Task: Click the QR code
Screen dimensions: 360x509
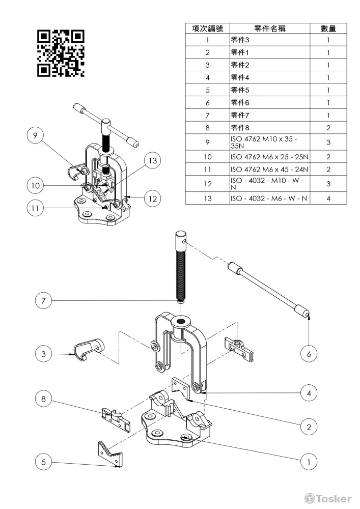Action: pos(61,53)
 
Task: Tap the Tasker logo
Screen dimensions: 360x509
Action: pos(327,498)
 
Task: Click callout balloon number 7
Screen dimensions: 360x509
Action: pos(43,301)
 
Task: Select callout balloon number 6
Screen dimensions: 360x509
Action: pos(309,354)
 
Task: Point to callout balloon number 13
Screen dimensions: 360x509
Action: pos(153,160)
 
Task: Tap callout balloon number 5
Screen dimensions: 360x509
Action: pos(43,462)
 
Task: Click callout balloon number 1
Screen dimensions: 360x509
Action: pos(309,461)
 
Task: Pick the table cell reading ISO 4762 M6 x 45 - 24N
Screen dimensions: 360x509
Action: pos(269,169)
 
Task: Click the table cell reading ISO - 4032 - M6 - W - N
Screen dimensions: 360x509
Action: pos(269,198)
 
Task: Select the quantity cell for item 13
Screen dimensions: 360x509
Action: pos(328,198)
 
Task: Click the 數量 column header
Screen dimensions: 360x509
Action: pos(328,28)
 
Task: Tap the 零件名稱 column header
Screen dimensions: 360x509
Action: pos(270,28)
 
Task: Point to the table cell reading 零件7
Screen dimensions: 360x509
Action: pos(269,115)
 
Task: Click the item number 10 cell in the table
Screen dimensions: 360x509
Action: pos(208,157)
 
